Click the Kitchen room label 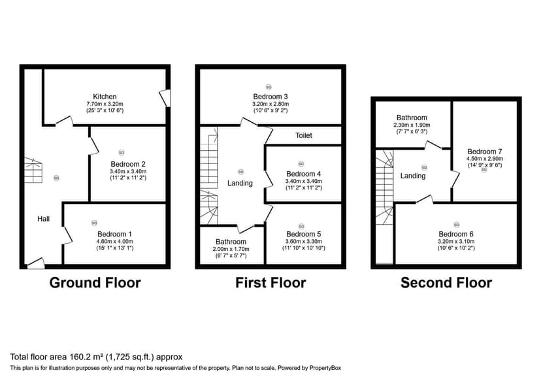coord(105,96)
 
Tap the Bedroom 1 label coord(114,234)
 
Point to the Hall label coord(43,219)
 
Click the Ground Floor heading coord(95,283)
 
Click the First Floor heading coord(270,283)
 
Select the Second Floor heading coord(446,283)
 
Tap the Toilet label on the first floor coord(304,135)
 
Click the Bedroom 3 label coord(270,96)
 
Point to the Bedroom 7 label coord(484,150)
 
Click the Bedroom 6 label coord(456,234)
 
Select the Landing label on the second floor coord(413,176)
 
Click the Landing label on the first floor coord(240,183)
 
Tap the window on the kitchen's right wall coord(167,98)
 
